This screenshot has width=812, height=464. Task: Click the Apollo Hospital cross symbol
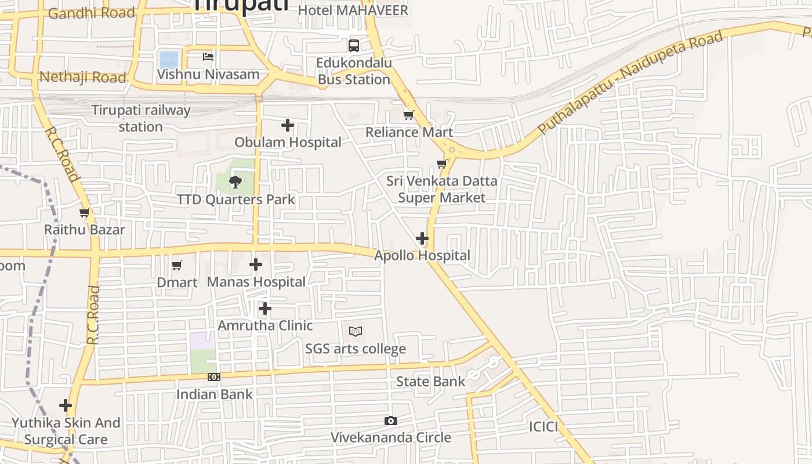tap(422, 238)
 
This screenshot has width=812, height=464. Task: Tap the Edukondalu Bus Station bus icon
tap(354, 45)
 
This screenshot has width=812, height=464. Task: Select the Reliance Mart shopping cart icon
tap(409, 115)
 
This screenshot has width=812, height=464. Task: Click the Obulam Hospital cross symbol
tap(288, 125)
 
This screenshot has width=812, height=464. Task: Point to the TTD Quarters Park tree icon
tap(235, 182)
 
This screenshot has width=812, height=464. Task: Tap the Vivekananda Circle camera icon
tap(391, 420)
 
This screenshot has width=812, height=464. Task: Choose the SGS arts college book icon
tap(356, 332)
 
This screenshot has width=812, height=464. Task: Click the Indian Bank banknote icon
tap(214, 377)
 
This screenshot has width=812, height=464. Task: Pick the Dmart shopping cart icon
tap(177, 266)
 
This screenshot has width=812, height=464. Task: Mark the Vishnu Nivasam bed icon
tap(208, 57)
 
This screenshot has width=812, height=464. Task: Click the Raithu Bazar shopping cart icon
tap(85, 213)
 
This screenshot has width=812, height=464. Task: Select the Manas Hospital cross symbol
tap(256, 265)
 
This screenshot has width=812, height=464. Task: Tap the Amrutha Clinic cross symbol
tap(265, 309)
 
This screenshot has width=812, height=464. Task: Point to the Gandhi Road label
tap(91, 13)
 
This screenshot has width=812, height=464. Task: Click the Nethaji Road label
tap(82, 77)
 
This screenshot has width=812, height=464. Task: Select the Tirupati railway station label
tap(141, 118)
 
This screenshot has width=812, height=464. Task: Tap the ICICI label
tap(543, 427)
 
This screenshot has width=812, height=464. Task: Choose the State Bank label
tap(430, 382)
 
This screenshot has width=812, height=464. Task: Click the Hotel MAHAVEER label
tap(353, 10)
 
